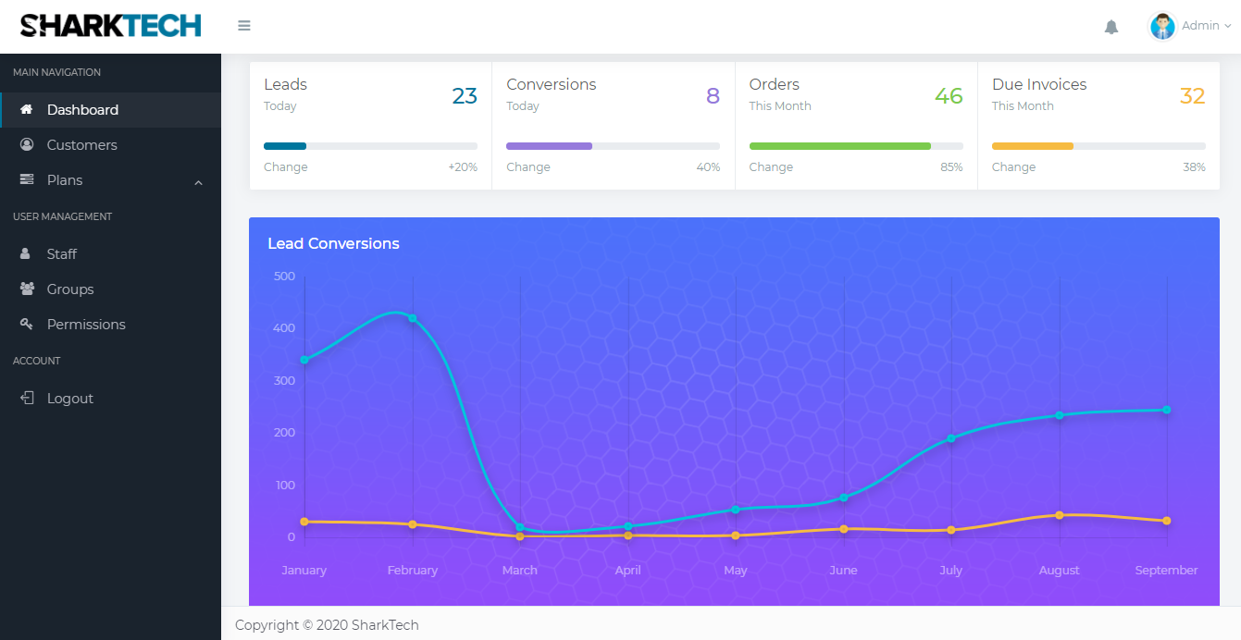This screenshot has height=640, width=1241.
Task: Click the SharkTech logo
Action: tap(110, 26)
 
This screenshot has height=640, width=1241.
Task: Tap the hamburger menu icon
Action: tap(244, 26)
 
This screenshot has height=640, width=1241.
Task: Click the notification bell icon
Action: tap(1111, 27)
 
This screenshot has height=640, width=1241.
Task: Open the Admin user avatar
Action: tap(1162, 26)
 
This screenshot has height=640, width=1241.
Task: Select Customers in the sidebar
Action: tap(81, 145)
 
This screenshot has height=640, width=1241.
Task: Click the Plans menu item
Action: tap(65, 180)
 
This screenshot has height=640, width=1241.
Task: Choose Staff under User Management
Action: tap(61, 254)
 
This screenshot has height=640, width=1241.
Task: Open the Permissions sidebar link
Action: tap(86, 325)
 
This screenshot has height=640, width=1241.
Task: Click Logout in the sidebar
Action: tap(69, 399)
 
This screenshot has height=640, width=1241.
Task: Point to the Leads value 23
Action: tap(465, 96)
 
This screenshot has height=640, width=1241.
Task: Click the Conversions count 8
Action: tap(713, 96)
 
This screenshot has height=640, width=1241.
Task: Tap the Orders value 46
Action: tap(949, 96)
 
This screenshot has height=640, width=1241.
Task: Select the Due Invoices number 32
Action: tap(1192, 96)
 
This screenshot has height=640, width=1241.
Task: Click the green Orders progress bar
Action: tap(839, 146)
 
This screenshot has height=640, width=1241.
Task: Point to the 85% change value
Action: tap(951, 167)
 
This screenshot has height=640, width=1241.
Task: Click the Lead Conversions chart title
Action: tap(333, 244)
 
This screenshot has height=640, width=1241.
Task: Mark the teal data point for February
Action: tap(413, 318)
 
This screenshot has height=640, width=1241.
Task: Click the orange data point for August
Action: tap(1060, 515)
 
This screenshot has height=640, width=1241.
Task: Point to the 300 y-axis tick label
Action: tap(284, 381)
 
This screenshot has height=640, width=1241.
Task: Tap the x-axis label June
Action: tap(843, 571)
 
